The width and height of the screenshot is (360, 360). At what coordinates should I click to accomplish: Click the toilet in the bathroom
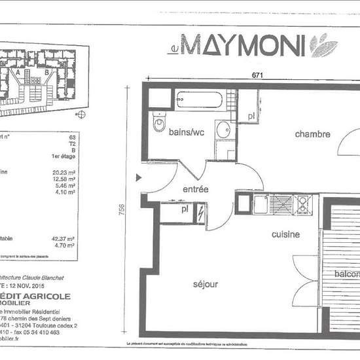[159, 122]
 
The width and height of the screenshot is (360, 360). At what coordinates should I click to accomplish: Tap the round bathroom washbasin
[223, 128]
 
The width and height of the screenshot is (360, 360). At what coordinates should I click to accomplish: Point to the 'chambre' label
[311, 134]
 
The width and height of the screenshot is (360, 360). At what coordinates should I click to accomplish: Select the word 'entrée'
[195, 189]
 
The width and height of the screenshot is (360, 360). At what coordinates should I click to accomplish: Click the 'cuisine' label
[286, 234]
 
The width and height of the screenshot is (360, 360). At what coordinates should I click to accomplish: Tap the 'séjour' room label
[206, 284]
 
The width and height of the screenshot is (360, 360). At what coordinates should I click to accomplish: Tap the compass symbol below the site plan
[81, 115]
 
